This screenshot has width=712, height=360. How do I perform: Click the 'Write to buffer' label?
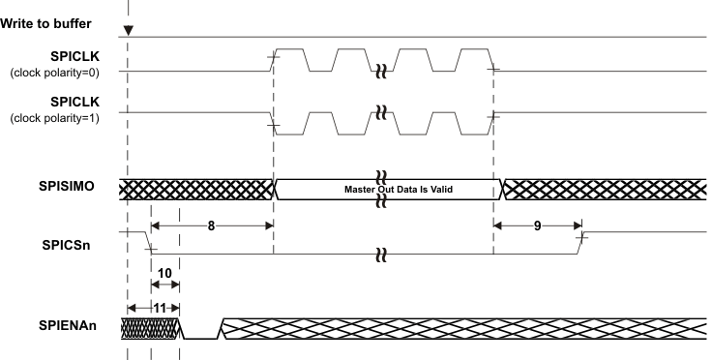(x=44, y=21)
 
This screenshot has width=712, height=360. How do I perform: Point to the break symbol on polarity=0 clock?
(x=383, y=72)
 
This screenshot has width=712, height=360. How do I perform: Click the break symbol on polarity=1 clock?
(x=383, y=109)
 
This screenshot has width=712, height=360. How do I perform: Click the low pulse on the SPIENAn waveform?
(x=200, y=338)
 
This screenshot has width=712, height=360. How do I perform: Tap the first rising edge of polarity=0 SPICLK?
(x=274, y=60)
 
